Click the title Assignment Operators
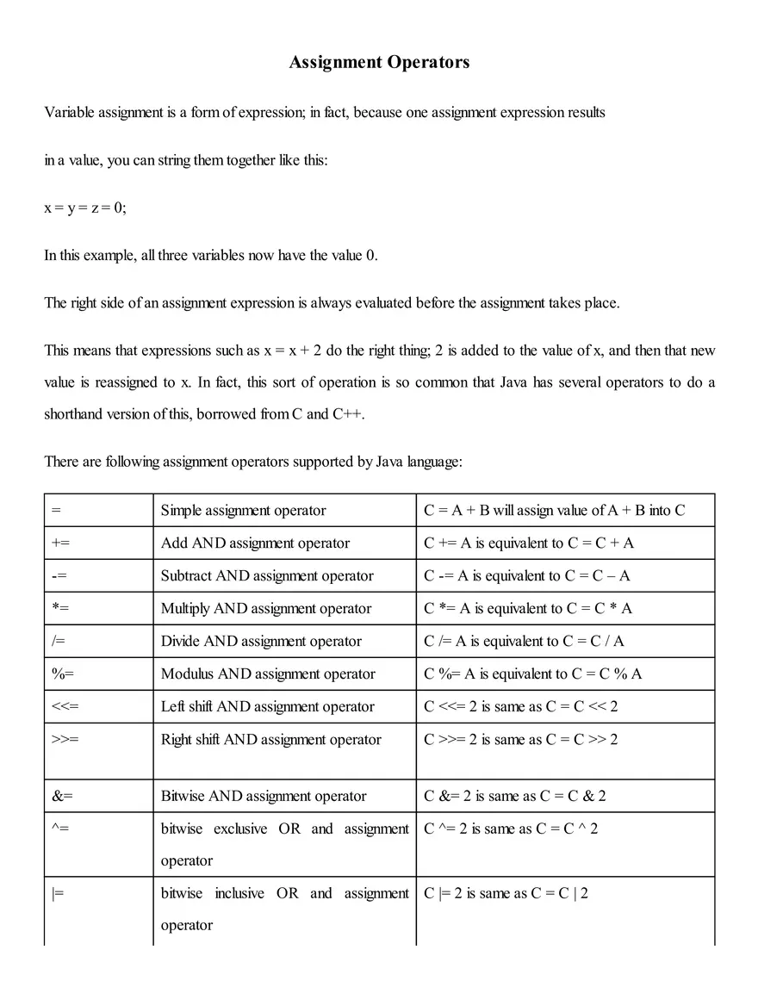click(379, 62)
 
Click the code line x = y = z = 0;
click(85, 208)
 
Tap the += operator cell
click(61, 543)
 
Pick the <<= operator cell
click(65, 707)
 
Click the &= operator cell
click(63, 797)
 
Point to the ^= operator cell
click(61, 829)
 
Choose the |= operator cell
click(59, 894)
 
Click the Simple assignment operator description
click(243, 511)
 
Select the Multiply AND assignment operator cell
click(265, 609)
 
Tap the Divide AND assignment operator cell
click(261, 642)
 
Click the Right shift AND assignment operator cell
click(270, 740)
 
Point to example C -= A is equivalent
click(526, 576)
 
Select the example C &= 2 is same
click(514, 797)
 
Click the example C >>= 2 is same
click(520, 740)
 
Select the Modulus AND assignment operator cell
click(268, 674)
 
